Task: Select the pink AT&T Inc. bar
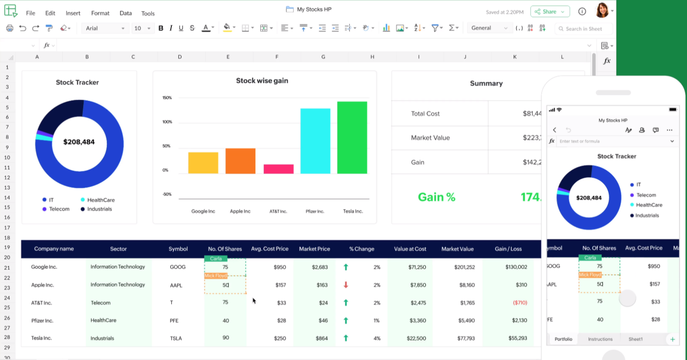tap(278, 169)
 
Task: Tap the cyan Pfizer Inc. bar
tap(315, 141)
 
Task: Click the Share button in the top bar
tap(550, 12)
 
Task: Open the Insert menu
tap(73, 13)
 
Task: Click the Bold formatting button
tap(161, 28)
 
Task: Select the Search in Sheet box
tap(584, 29)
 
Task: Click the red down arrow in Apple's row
tap(346, 285)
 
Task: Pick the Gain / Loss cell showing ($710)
tap(520, 303)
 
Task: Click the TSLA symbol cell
tap(176, 339)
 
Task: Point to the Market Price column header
tap(314, 249)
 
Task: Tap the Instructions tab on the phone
tap(600, 339)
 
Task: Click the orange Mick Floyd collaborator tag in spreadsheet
tap(216, 276)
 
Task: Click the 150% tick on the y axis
tap(167, 97)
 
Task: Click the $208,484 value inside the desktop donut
tap(79, 142)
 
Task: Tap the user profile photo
tap(602, 11)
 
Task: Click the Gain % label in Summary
tap(436, 197)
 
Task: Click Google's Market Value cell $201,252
tap(458, 267)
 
